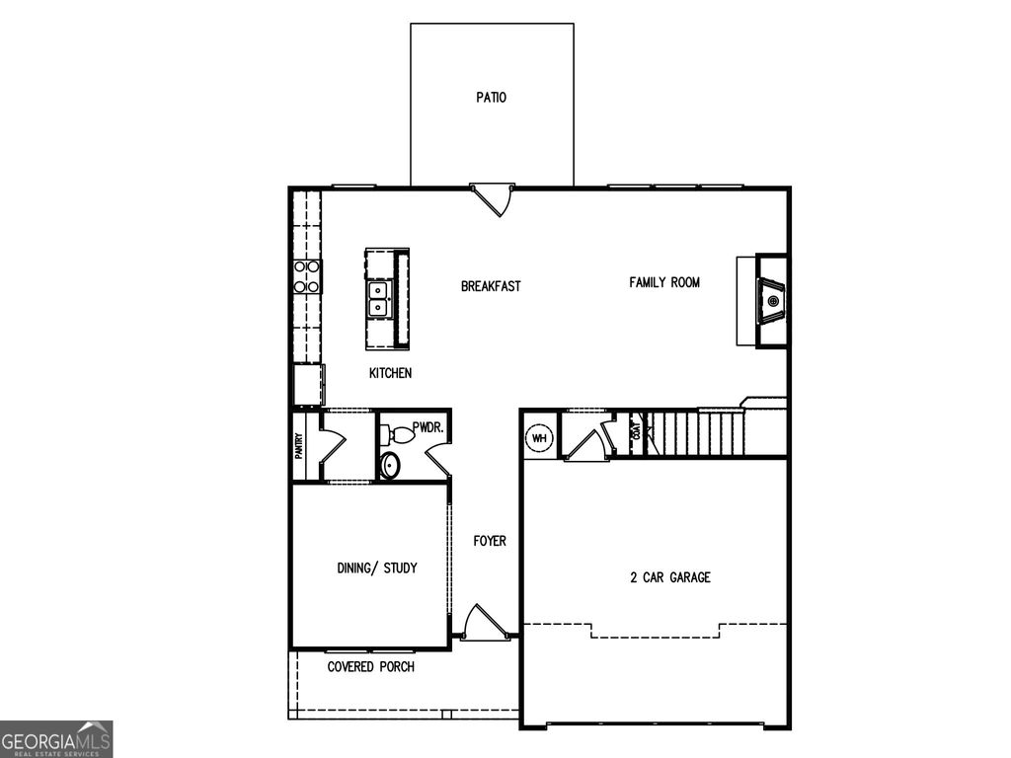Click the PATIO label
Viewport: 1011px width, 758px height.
(x=491, y=98)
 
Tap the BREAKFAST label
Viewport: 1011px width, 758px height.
(x=491, y=286)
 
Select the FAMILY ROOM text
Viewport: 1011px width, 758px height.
(x=664, y=282)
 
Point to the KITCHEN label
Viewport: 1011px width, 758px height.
(x=390, y=373)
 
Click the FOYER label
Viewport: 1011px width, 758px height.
(x=490, y=541)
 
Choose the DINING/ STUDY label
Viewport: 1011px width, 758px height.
(x=377, y=568)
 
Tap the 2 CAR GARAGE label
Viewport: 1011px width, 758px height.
(x=670, y=577)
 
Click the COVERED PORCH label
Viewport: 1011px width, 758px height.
(x=371, y=667)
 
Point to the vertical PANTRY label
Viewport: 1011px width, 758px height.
(x=299, y=447)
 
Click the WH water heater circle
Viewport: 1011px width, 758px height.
(x=540, y=438)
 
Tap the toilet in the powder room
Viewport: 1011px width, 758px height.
(x=398, y=433)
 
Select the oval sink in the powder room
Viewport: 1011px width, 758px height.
(x=391, y=464)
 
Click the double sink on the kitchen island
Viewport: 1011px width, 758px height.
(x=378, y=298)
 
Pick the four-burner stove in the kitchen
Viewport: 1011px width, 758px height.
(x=307, y=275)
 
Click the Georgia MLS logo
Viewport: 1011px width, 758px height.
(x=56, y=739)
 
